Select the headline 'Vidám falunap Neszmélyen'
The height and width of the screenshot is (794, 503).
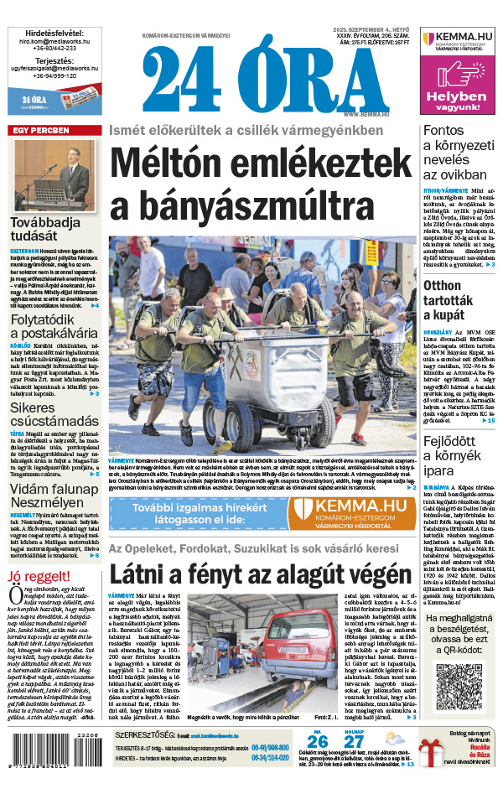tap(54, 492)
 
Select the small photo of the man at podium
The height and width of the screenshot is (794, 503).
tap(53, 174)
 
